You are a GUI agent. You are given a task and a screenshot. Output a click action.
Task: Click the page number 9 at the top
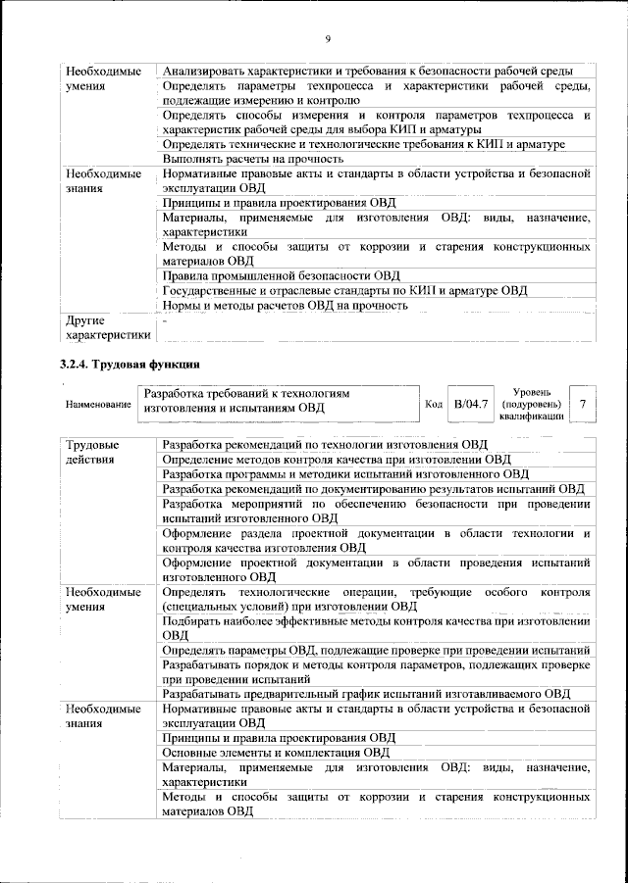[327, 38]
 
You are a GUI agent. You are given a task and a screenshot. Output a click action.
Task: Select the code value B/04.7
[471, 403]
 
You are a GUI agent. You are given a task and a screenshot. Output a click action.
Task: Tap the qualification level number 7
[584, 403]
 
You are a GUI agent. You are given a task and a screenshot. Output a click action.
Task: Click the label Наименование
[98, 404]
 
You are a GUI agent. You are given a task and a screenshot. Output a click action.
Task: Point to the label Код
[433, 404]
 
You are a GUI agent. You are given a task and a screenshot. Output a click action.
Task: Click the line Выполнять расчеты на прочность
[252, 159]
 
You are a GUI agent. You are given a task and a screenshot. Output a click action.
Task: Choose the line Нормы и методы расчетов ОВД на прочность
[285, 305]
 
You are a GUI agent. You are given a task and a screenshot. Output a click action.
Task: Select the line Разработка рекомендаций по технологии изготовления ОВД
[325, 445]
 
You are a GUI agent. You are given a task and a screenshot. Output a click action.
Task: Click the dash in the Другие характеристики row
[166, 320]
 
